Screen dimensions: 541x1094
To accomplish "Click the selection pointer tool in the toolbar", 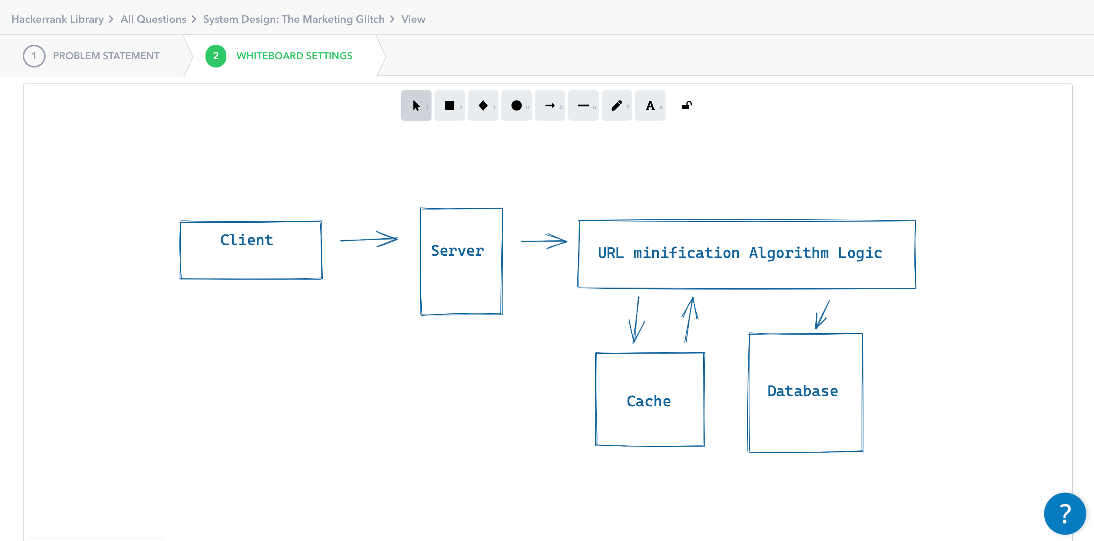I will pyautogui.click(x=416, y=105).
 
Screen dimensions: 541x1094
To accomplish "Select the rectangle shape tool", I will pyautogui.click(x=449, y=105).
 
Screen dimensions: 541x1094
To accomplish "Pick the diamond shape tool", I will pyautogui.click(x=483, y=105).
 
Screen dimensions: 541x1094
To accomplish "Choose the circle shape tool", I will pyautogui.click(x=516, y=105).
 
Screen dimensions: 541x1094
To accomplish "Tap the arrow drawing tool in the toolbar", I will pyautogui.click(x=550, y=105).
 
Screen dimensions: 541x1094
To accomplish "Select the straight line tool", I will pyautogui.click(x=583, y=105).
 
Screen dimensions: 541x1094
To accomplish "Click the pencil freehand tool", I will pyautogui.click(x=617, y=105).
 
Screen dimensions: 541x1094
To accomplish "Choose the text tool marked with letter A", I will pyautogui.click(x=650, y=105).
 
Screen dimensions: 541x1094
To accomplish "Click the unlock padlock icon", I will pyautogui.click(x=686, y=105).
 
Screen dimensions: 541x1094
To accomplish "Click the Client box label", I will pyautogui.click(x=246, y=240).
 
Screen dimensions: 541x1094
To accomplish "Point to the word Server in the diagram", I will pyautogui.click(x=457, y=251).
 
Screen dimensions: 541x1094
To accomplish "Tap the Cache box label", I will pyautogui.click(x=648, y=401).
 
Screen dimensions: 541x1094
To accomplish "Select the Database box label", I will pyautogui.click(x=802, y=391).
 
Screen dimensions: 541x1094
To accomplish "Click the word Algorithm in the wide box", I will pyautogui.click(x=788, y=253).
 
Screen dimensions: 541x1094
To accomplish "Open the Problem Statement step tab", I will pyautogui.click(x=106, y=56).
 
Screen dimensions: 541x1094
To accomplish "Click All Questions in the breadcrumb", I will pyautogui.click(x=153, y=19).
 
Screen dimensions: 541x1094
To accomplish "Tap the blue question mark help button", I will pyautogui.click(x=1064, y=513).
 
